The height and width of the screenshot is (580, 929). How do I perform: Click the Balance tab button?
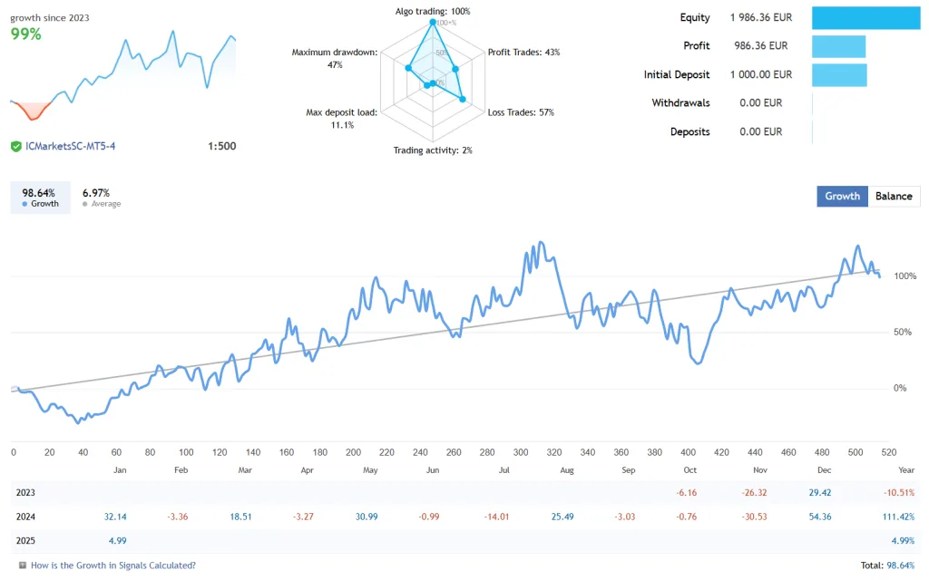point(894,196)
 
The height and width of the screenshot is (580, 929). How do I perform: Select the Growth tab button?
point(842,196)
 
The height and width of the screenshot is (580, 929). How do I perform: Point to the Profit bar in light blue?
point(838,46)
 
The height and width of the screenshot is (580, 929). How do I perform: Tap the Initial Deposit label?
point(677,74)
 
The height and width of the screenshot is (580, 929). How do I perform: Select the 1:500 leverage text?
point(221,146)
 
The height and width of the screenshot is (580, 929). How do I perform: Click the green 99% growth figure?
point(25,34)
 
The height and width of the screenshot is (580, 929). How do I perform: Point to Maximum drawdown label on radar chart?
point(334,58)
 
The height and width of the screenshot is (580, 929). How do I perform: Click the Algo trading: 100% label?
point(432,11)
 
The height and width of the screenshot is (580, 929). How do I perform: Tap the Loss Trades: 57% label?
point(521,112)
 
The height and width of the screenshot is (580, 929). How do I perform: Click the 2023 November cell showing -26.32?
point(755,492)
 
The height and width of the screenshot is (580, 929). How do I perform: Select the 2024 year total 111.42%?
point(897,517)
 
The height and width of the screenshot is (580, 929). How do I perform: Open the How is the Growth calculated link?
point(112,565)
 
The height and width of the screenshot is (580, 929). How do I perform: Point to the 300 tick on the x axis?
point(520,452)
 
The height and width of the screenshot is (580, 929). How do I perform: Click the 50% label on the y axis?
point(901,332)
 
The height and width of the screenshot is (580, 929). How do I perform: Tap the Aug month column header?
point(567,470)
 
